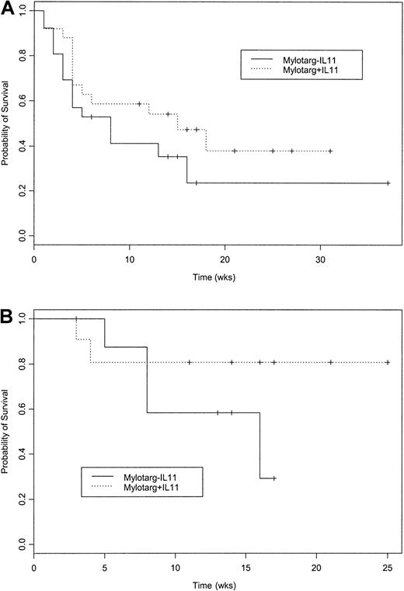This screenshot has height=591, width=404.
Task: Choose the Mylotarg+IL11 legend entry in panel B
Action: tap(162, 486)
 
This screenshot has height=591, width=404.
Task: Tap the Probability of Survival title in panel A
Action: tap(7, 124)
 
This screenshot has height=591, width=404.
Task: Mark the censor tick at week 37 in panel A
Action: tap(387, 183)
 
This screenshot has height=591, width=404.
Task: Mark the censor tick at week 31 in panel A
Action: tap(330, 151)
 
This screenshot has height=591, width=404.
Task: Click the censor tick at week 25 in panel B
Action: tap(387, 363)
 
